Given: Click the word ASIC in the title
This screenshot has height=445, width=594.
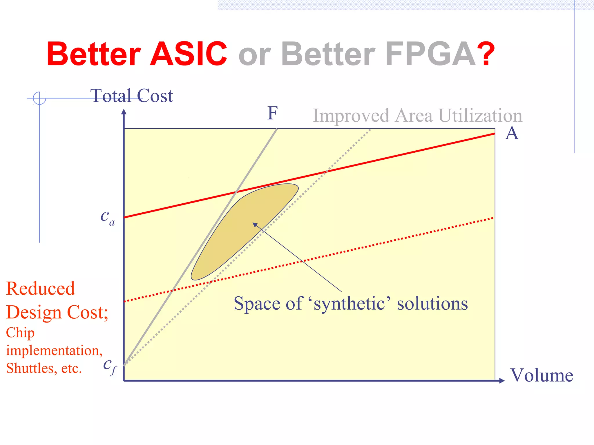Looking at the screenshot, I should [189, 54].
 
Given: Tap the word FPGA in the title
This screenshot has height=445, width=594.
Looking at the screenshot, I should [430, 54].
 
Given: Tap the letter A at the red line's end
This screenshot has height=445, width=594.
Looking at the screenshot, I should [512, 134].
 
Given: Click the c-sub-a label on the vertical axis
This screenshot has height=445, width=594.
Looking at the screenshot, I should [107, 217].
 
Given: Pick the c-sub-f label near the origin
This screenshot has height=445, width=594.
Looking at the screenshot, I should [110, 366].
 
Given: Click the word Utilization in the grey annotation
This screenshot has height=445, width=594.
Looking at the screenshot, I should [480, 116].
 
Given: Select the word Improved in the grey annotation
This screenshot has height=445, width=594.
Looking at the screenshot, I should [351, 116].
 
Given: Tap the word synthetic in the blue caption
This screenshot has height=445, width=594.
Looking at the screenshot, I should [349, 304].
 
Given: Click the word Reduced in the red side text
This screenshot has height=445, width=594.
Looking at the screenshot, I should [41, 289].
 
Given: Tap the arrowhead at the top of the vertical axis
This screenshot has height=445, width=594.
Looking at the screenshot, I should [124, 112].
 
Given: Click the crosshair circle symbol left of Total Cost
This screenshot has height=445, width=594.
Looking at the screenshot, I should [39, 98].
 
